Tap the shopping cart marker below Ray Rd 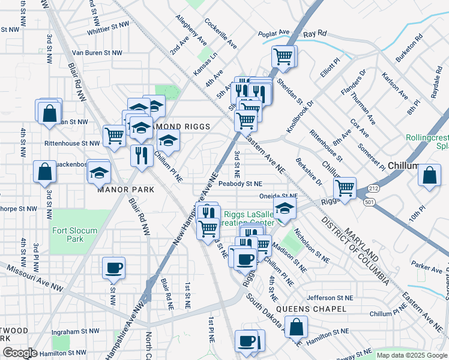coord(283,58)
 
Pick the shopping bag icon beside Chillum coord(429,176)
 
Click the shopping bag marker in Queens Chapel coord(296,328)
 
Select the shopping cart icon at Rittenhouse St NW coord(114,135)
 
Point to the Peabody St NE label coord(240,184)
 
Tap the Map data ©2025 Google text coord(411,355)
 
